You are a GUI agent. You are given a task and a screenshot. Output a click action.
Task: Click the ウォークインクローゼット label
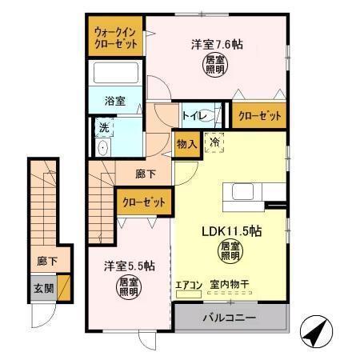pyautogui.click(x=115, y=37)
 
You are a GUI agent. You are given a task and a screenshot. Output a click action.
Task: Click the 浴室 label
pyautogui.click(x=116, y=101)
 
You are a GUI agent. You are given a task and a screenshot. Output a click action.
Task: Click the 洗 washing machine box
pyautogui.click(x=104, y=126)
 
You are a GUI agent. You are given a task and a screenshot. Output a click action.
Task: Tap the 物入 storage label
pyautogui.click(x=186, y=145)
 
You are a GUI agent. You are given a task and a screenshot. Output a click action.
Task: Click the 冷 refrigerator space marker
pyautogui.click(x=214, y=142)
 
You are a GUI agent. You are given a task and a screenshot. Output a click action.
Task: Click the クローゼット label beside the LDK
pyautogui.click(x=144, y=203)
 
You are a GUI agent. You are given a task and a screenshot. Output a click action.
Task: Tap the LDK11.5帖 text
pyautogui.click(x=232, y=230)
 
